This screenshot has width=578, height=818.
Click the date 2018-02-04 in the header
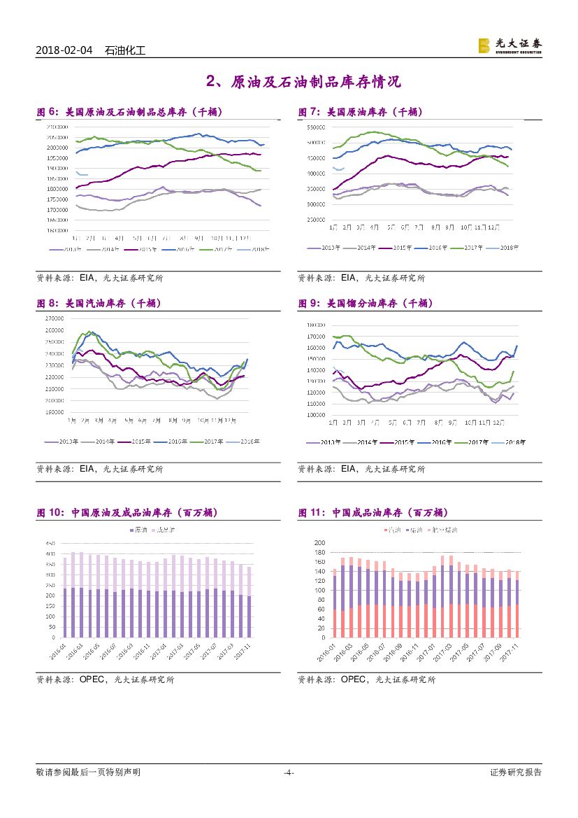64,50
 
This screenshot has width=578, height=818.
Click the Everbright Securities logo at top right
510,45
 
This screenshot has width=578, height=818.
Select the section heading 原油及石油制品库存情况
303,82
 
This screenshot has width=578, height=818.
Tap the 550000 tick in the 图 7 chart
317,127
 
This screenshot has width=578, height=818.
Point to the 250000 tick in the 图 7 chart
317,220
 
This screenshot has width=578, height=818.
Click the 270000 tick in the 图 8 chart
55,318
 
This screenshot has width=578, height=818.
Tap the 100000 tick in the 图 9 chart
317,414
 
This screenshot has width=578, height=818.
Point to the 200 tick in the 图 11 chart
320,543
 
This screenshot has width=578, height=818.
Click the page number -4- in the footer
289,773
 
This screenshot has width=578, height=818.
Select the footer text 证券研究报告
516,773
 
